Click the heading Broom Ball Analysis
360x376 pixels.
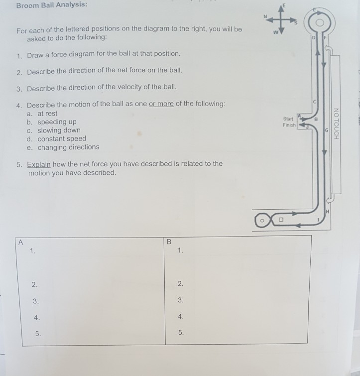[x=52, y=5]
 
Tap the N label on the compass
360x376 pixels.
[x=265, y=16]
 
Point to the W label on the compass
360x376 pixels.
[x=276, y=32]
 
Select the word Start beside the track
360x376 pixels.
[x=288, y=119]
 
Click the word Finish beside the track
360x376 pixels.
[x=289, y=125]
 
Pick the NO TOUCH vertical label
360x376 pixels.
[x=336, y=124]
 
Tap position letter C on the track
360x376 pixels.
[x=315, y=102]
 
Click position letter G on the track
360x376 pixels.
[x=327, y=130]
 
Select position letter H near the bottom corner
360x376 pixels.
[x=328, y=211]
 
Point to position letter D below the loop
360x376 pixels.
[x=313, y=38]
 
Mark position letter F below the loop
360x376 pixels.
[x=325, y=38]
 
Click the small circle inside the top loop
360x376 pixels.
[x=320, y=23]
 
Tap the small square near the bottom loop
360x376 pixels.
[x=281, y=220]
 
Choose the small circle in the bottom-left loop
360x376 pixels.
[x=262, y=221]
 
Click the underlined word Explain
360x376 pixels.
[x=39, y=165]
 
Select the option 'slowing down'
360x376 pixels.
[x=59, y=130]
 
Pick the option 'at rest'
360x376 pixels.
[x=47, y=114]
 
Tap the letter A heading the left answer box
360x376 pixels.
[x=21, y=243]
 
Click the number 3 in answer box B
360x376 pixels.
[x=180, y=300]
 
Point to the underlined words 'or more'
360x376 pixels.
[x=161, y=104]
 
